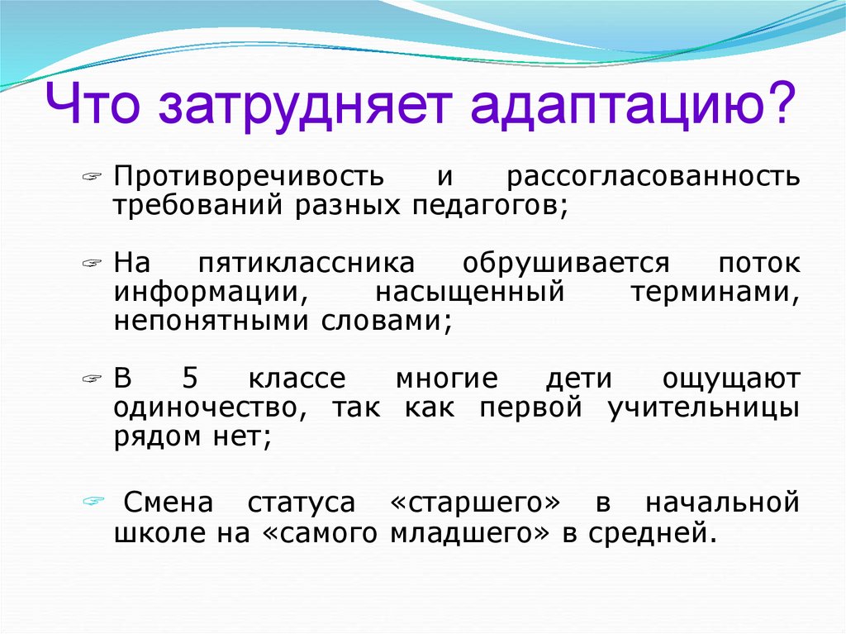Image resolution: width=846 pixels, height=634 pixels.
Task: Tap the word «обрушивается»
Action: tap(566, 265)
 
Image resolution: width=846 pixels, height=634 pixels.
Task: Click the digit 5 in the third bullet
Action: tap(190, 380)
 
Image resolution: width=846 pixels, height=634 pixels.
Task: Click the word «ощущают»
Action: tap(730, 380)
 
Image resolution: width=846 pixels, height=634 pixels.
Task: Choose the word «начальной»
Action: tap(721, 502)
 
